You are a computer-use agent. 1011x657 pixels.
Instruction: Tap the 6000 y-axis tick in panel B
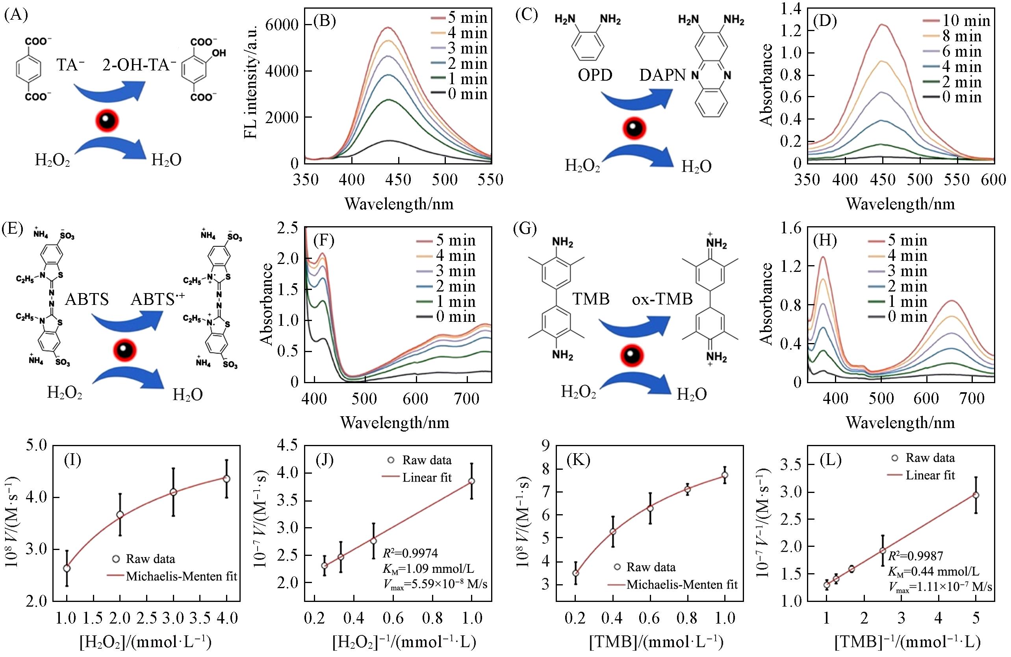(281, 25)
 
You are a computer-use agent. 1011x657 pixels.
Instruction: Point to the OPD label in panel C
(595, 76)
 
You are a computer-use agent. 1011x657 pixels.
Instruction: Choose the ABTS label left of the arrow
(87, 300)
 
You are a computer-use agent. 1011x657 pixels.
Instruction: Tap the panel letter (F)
(324, 241)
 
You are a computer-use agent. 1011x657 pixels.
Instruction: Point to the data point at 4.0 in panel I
(227, 479)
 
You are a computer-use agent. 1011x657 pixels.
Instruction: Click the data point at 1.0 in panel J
(471, 481)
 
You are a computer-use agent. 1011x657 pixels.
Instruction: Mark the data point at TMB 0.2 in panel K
(575, 573)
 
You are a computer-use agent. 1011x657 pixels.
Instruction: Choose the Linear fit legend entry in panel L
(930, 475)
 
